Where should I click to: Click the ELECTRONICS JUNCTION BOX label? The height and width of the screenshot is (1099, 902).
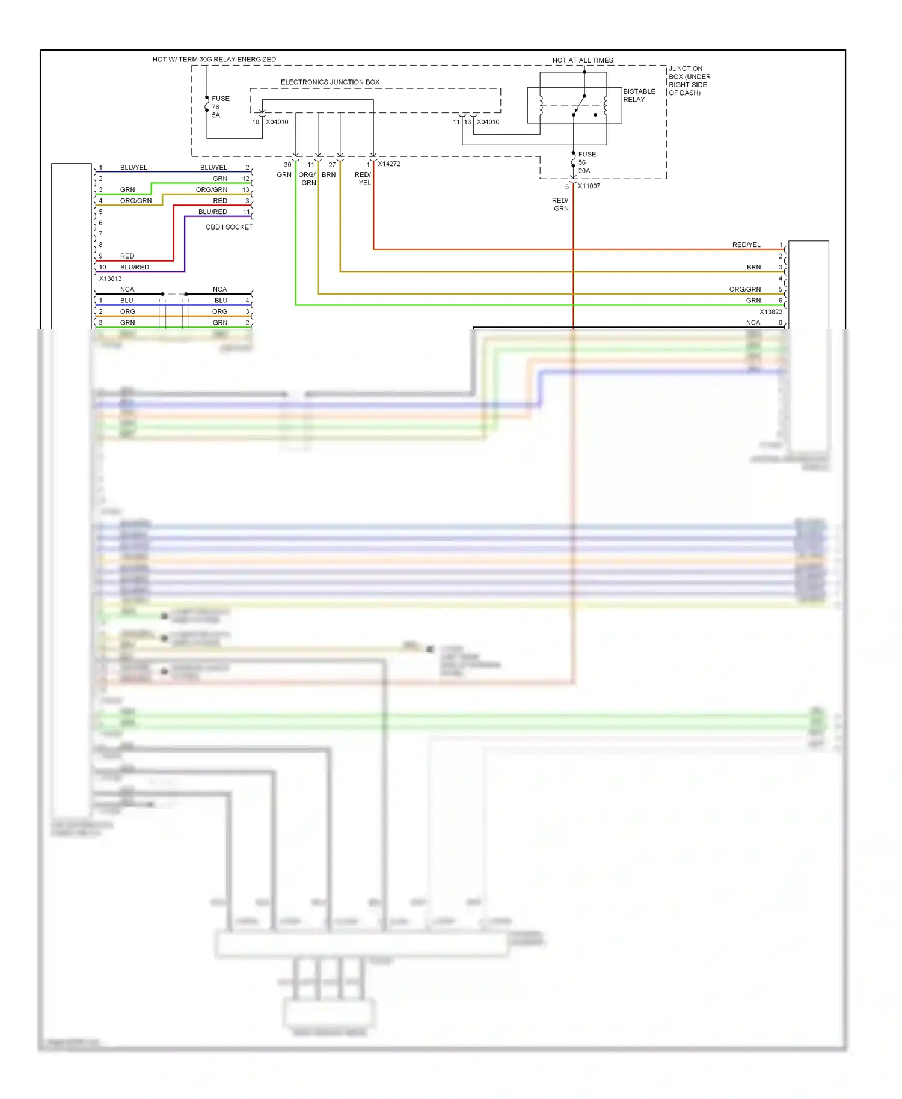point(330,82)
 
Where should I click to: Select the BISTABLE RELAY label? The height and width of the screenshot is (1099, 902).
point(639,95)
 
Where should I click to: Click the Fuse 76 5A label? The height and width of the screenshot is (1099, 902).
point(219,106)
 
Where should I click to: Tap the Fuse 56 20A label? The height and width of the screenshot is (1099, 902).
point(586,162)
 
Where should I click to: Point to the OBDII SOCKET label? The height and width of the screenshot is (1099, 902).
point(229,227)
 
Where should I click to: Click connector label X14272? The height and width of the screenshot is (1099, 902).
point(389,164)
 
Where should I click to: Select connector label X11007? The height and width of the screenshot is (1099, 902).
point(589,186)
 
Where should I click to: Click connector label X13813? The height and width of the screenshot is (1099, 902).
point(110,278)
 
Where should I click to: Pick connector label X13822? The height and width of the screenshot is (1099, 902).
point(770,311)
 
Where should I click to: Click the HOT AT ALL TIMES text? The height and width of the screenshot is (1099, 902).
point(582,60)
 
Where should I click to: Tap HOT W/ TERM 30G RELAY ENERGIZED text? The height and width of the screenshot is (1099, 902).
point(214,59)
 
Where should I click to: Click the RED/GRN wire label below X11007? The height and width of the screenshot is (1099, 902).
point(560,204)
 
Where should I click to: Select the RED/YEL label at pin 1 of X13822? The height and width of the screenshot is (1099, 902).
point(746,245)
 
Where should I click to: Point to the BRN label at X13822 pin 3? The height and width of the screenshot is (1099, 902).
point(753,267)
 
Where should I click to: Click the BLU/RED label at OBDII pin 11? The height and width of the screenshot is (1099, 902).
point(213,212)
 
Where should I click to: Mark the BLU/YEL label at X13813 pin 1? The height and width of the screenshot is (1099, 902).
point(133,167)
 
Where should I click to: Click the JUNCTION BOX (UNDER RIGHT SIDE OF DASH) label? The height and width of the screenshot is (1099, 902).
point(689,81)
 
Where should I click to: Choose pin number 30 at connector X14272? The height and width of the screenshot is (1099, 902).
point(287,165)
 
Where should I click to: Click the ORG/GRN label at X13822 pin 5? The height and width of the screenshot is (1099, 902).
point(744,289)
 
